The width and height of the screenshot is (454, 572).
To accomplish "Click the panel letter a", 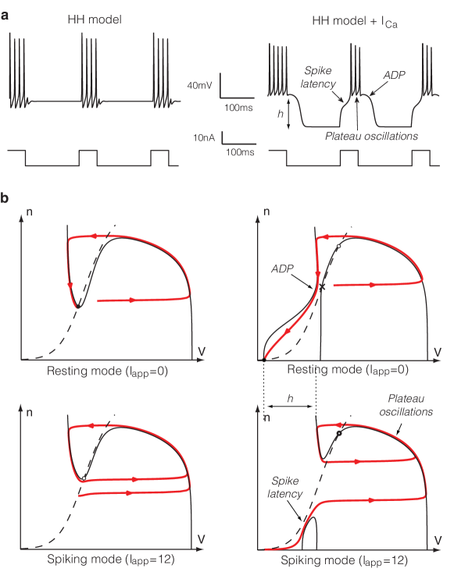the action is click(5, 16).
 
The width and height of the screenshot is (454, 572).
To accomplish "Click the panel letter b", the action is click(5, 197).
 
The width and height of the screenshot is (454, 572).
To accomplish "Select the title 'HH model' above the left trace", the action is click(95, 20).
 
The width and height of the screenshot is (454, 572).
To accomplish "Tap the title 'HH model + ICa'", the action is click(355, 21).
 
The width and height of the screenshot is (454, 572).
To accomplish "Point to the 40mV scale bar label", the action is click(199, 86).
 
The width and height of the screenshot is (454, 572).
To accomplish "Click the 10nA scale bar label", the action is click(204, 138).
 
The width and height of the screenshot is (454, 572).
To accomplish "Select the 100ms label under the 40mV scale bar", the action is click(238, 108).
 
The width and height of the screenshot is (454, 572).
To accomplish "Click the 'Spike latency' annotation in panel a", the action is click(318, 77).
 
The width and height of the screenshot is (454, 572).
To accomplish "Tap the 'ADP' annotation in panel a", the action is click(395, 75).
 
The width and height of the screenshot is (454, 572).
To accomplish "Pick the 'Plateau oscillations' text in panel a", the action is click(371, 136).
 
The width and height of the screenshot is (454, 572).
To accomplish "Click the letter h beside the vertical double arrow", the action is click(281, 114).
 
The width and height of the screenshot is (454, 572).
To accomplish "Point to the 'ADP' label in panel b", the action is click(282, 269).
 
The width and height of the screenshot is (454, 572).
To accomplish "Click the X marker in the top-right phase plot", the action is click(322, 287).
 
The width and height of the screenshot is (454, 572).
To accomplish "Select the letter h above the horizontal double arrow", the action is click(290, 398).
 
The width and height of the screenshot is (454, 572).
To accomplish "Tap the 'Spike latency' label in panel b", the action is click(285, 488).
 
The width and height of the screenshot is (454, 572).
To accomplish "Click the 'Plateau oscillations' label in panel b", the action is click(406, 405).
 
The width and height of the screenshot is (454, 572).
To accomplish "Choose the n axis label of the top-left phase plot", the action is click(30, 211).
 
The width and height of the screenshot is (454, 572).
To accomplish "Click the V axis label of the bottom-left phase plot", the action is click(202, 539).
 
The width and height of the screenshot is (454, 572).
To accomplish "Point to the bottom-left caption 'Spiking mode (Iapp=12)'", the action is click(111, 560).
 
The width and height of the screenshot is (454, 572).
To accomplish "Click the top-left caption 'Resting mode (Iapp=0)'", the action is click(107, 371).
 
